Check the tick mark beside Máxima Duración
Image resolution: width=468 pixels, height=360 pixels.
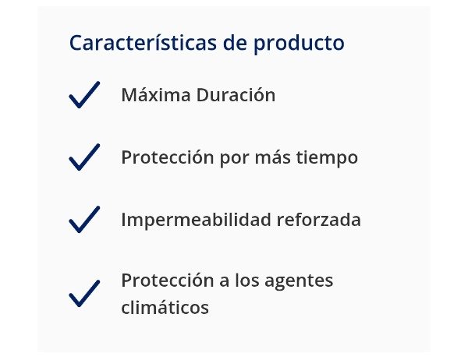(84, 94)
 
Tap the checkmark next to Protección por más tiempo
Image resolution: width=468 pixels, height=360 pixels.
(84, 157)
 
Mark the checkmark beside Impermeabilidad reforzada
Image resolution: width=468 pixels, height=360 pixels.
(84, 220)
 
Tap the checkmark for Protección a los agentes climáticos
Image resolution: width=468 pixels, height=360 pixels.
(84, 293)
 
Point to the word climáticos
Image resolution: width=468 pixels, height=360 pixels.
(165, 308)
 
